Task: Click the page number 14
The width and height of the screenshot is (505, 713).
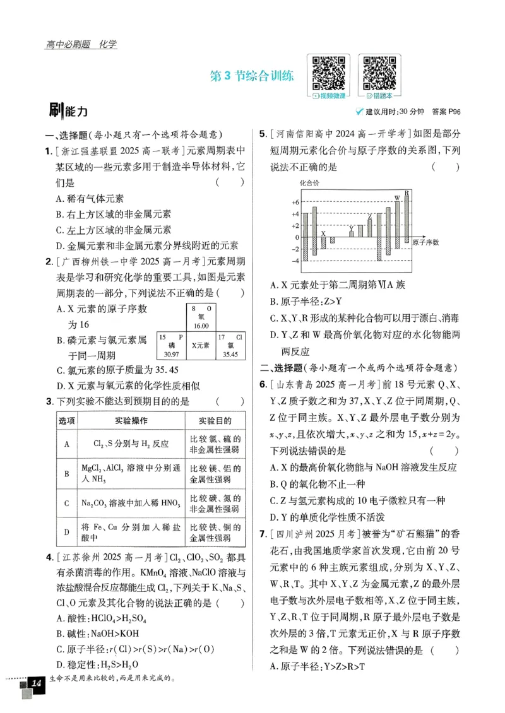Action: click(x=36, y=683)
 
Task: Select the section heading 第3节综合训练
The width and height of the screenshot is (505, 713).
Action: click(x=251, y=76)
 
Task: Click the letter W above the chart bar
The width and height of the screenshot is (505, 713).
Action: click(x=398, y=199)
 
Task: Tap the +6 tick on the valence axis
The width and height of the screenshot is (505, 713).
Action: click(x=295, y=203)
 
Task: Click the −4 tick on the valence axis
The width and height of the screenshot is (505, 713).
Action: click(x=295, y=261)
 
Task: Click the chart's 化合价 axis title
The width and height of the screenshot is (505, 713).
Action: click(x=309, y=182)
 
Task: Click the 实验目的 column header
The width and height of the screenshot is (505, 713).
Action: click(x=214, y=421)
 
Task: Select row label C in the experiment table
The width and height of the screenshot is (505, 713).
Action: click(x=66, y=503)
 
